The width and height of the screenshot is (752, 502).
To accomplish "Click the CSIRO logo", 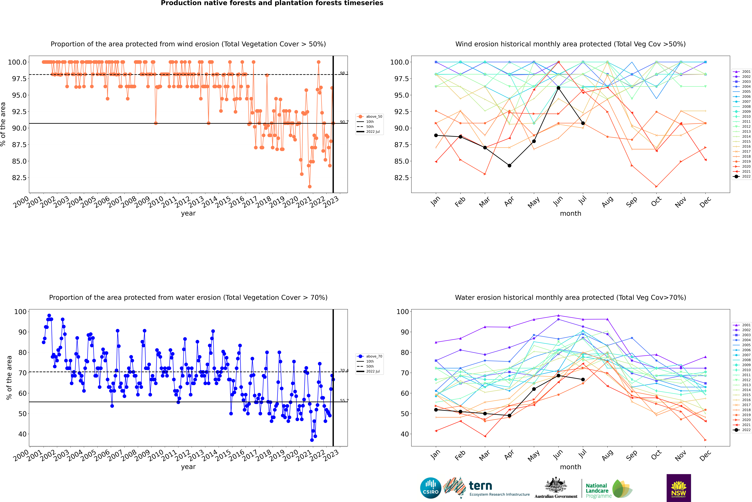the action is pos(431,488).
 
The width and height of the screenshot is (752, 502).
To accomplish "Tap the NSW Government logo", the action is pos(679,488).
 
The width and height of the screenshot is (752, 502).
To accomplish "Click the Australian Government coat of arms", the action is pos(556,485).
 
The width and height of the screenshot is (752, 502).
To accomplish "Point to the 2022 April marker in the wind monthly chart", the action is pos(509,166).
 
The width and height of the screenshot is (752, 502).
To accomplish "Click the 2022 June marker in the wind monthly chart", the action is pos(558,88).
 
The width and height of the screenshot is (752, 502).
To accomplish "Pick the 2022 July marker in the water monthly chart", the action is pos(583,380).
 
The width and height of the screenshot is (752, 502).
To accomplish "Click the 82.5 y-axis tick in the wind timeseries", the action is pos(19,178).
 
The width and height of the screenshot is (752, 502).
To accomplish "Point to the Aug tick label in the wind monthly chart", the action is pos(607,202).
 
